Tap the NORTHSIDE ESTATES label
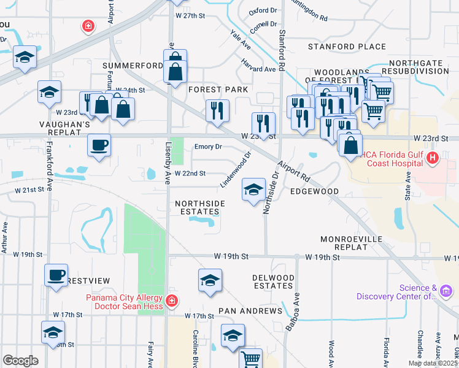pos(197,208)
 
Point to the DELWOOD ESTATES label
pos(273,282)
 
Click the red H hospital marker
pos(433,159)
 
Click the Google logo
pos(20,360)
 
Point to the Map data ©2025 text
pos(433,363)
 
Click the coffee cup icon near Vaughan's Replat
pos(99,146)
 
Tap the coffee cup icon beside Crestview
pos(56,275)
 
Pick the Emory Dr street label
pos(207,147)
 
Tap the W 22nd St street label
pos(190,174)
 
